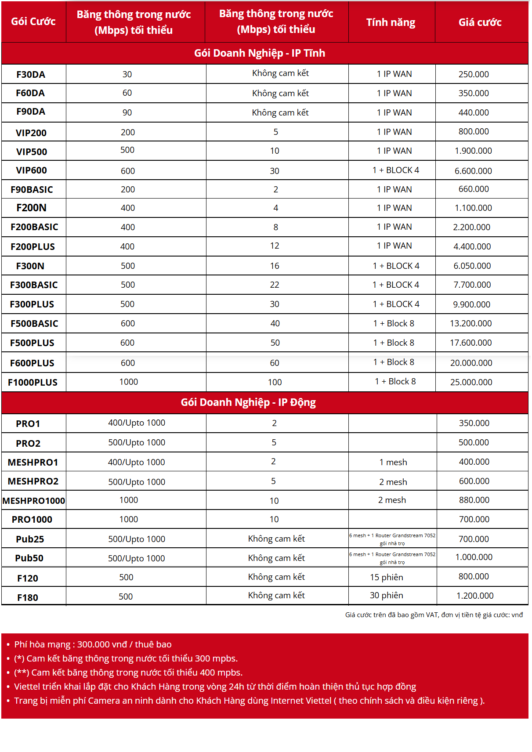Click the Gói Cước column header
pyautogui.click(x=33, y=22)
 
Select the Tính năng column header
pyautogui.click(x=391, y=22)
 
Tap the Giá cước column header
pyautogui.click(x=480, y=22)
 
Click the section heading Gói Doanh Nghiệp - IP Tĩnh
pyautogui.click(x=260, y=53)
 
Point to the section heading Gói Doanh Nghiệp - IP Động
pyautogui.click(x=248, y=402)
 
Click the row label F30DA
pyautogui.click(x=31, y=75)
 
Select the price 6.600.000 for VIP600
pyautogui.click(x=473, y=171)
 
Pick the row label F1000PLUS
pyautogui.click(x=33, y=383)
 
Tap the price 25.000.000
pyautogui.click(x=471, y=382)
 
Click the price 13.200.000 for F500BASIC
pyautogui.click(x=470, y=324)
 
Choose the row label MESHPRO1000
pyautogui.click(x=34, y=501)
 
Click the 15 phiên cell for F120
pyautogui.click(x=386, y=577)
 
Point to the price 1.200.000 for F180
pyautogui.click(x=475, y=596)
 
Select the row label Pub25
pyautogui.click(x=30, y=539)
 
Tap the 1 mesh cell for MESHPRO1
pyautogui.click(x=393, y=463)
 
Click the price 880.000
pyautogui.click(x=474, y=500)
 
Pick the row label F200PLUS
pyautogui.click(x=33, y=247)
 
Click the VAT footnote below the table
pyautogui.click(x=434, y=615)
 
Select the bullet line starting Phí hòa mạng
pyautogui.click(x=93, y=644)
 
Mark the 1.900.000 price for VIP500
pyautogui.click(x=473, y=151)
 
